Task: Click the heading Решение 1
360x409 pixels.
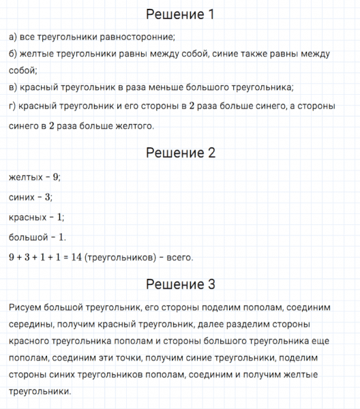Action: point(181,15)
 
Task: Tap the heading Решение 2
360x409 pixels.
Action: point(181,153)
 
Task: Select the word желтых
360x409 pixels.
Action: point(26,177)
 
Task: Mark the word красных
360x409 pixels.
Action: point(28,217)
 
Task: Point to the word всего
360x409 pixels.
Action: point(179,258)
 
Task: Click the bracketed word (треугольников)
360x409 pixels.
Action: point(121,258)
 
